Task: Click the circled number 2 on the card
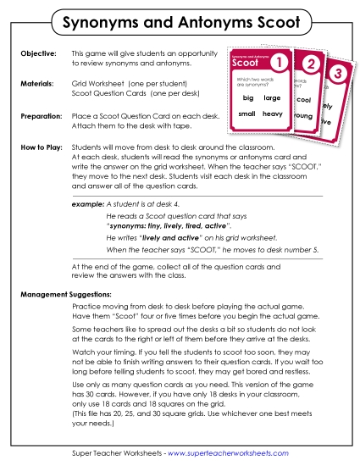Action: (312, 65)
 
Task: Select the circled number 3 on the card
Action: (339, 75)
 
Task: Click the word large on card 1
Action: (272, 98)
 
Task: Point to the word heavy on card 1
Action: (272, 114)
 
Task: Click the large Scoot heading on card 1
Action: (246, 63)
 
